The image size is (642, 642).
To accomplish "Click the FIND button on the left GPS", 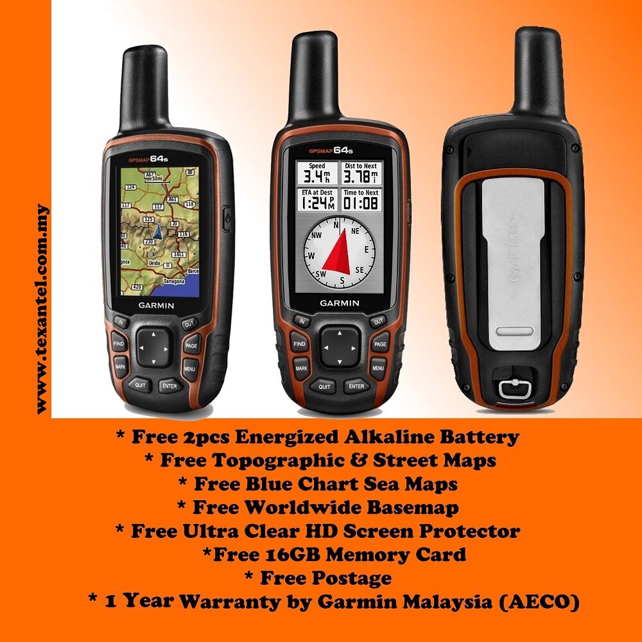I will tap(119, 343).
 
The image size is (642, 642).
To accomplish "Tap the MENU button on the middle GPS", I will tap(378, 368).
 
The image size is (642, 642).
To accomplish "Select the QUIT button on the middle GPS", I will tap(324, 386).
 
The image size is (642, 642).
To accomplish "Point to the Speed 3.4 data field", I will tap(317, 173).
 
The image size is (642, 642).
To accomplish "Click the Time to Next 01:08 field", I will tap(361, 200).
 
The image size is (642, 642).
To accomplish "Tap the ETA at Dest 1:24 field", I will tap(317, 200).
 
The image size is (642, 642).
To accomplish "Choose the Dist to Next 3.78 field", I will tap(361, 173).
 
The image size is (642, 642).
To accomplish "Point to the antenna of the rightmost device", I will tap(539, 71).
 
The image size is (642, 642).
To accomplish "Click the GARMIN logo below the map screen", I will tap(156, 305).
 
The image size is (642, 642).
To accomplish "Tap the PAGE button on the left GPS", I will tap(191, 345).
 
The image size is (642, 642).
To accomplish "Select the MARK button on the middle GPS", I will tap(300, 369).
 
